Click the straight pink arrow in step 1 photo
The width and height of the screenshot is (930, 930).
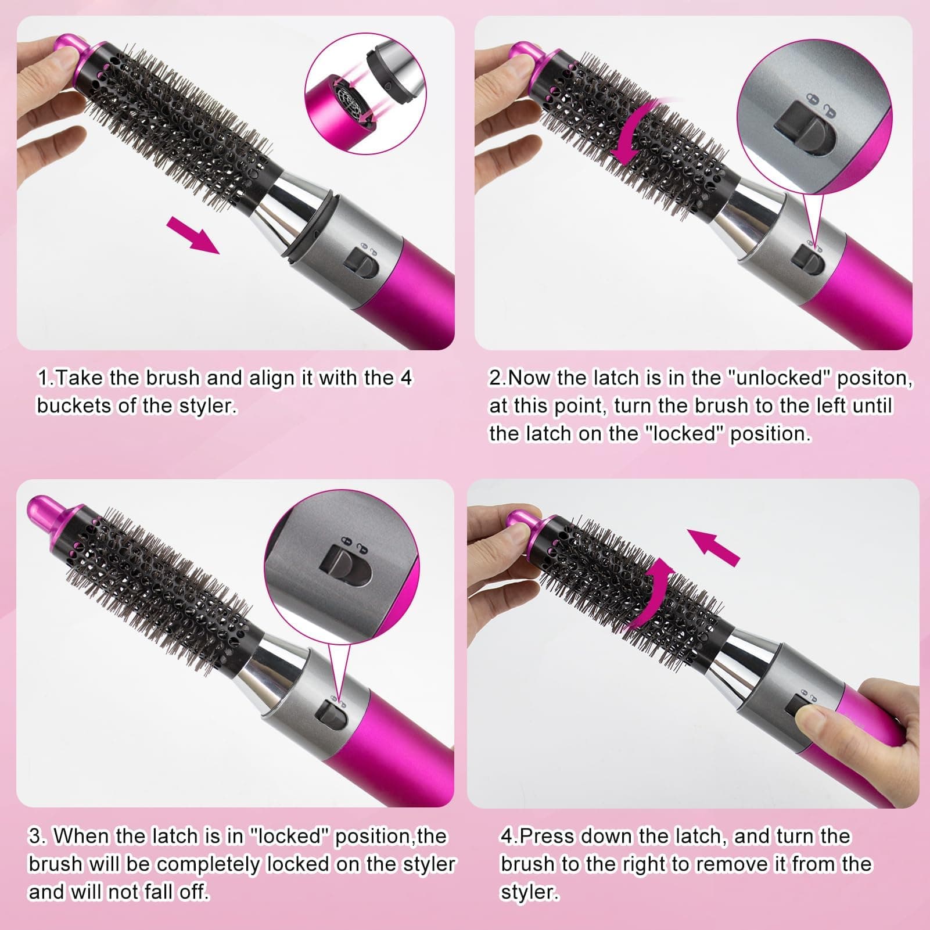point(193,234)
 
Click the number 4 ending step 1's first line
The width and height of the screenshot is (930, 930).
point(405,378)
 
